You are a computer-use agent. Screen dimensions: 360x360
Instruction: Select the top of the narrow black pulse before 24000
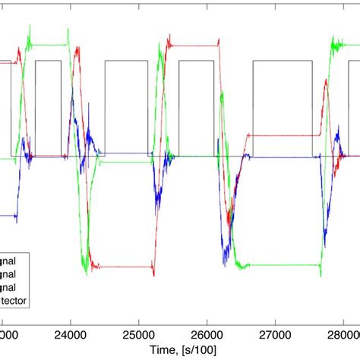tap(48, 61)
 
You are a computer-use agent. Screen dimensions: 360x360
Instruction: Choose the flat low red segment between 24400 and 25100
tap(122, 267)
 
